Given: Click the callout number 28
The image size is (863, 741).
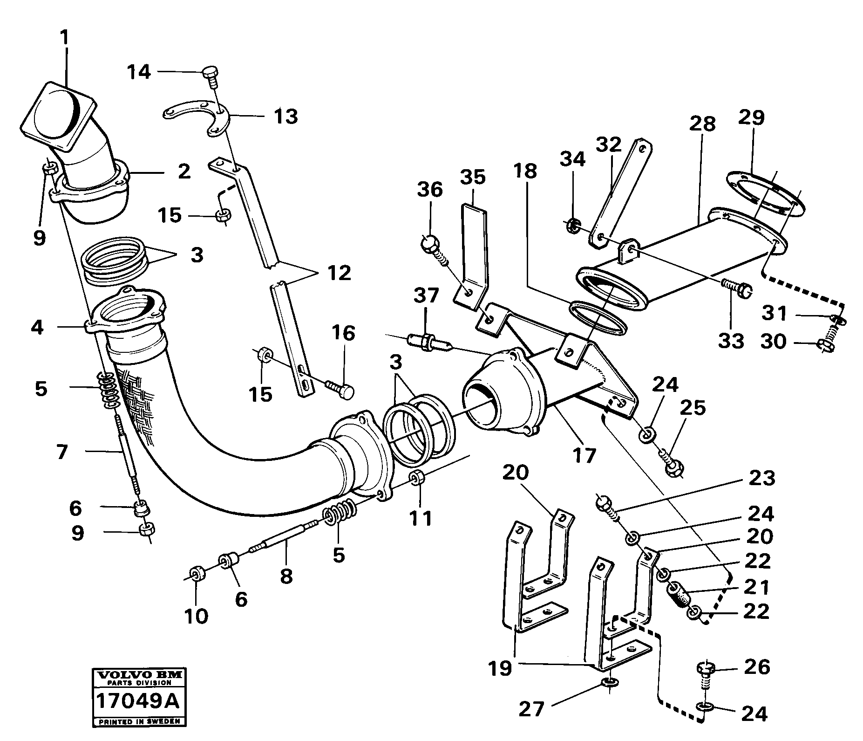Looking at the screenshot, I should point(702,124).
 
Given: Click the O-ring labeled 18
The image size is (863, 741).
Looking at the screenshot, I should point(598,316).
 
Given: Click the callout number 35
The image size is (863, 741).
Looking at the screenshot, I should point(473,177).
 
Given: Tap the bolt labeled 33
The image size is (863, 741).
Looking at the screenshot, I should point(735,288).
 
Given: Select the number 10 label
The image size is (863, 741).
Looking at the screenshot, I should point(196,616).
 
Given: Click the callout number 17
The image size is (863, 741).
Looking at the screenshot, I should point(584,454).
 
